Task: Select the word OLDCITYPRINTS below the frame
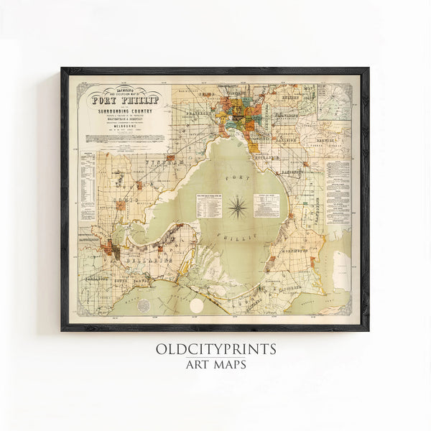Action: click(x=215, y=350)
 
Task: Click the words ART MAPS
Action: click(x=215, y=364)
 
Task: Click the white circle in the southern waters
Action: click(x=196, y=306)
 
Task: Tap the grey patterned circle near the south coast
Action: click(x=144, y=306)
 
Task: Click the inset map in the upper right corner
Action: click(x=335, y=102)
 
